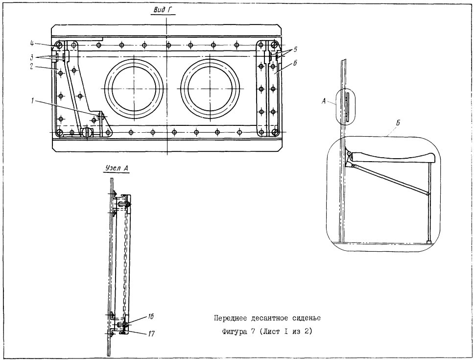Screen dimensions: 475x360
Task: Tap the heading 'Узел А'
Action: click(x=117, y=168)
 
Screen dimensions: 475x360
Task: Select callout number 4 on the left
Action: click(x=32, y=43)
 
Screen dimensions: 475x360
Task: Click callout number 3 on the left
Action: click(x=32, y=56)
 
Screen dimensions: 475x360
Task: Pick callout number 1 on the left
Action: click(x=32, y=101)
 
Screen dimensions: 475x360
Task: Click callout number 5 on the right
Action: click(x=295, y=49)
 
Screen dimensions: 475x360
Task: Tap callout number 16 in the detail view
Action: click(x=150, y=316)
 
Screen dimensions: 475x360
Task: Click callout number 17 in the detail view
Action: click(x=151, y=334)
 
